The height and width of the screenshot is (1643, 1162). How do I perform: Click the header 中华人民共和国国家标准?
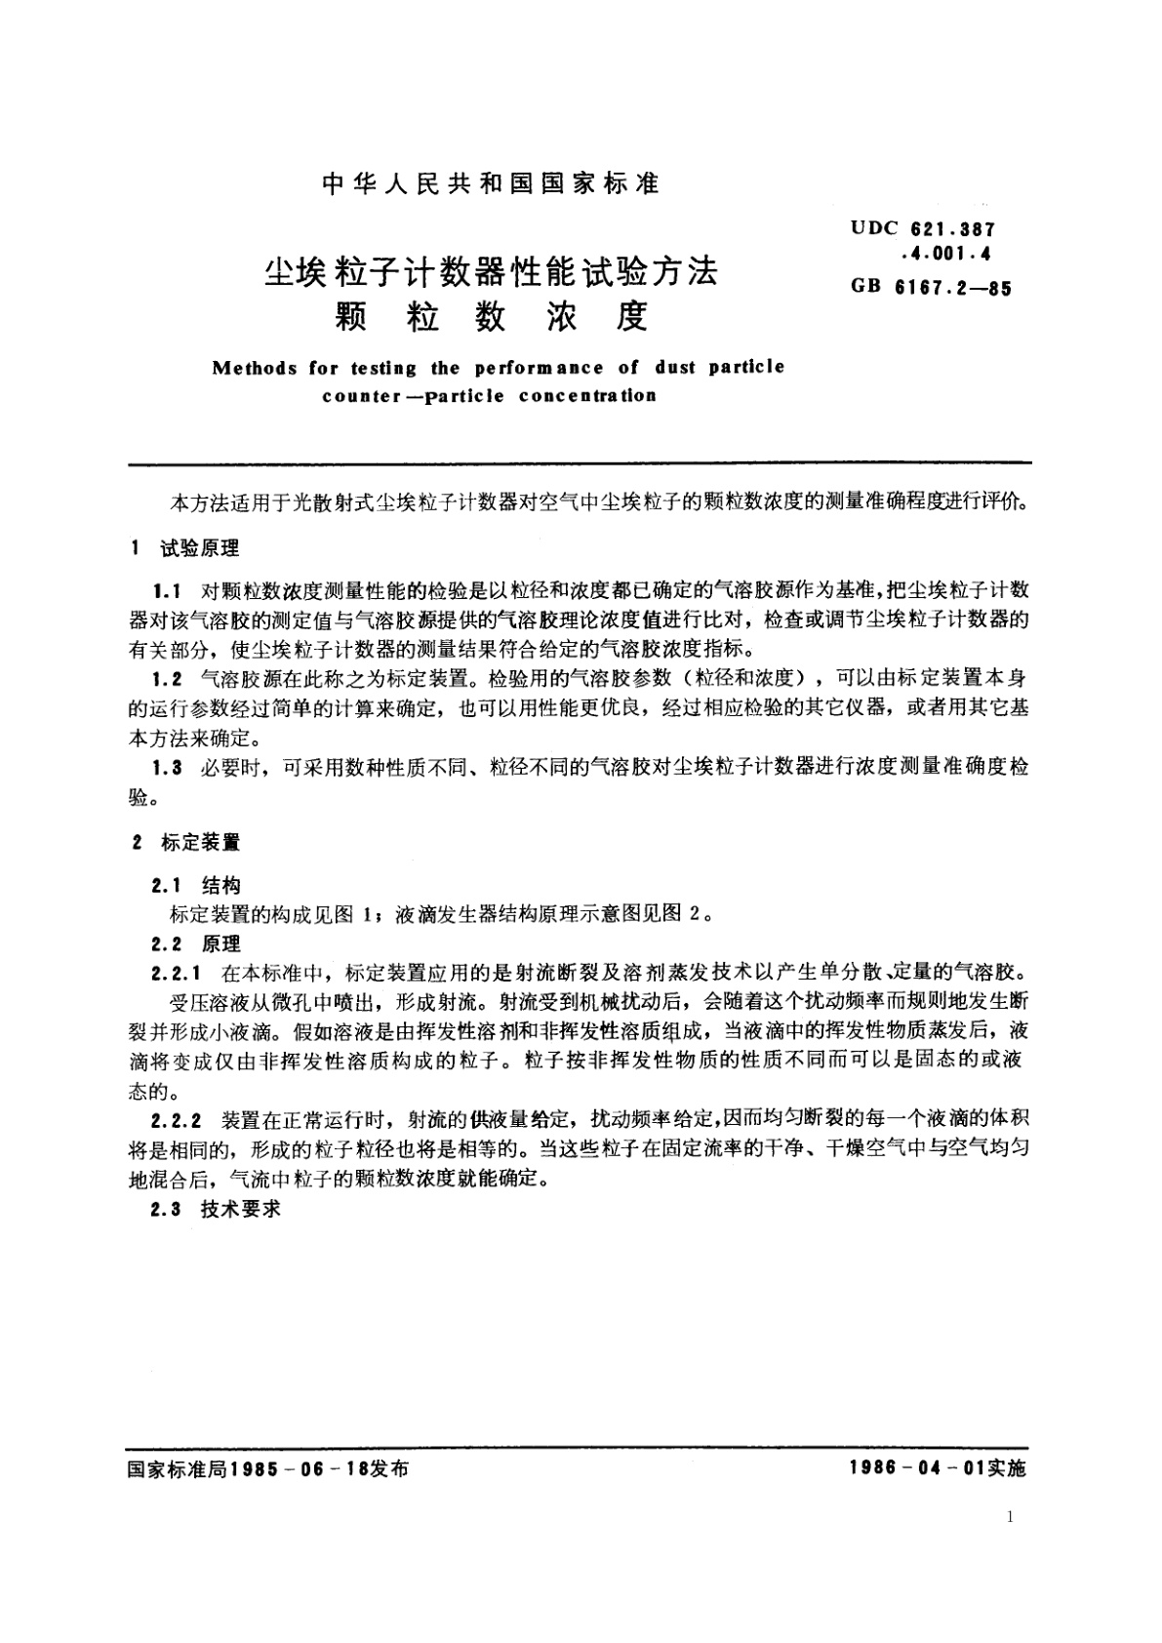click(490, 183)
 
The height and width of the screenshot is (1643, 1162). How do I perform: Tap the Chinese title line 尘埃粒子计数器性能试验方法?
click(491, 271)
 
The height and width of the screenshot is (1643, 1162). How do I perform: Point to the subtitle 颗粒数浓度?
click(491, 316)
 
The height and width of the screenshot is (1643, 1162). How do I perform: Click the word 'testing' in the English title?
click(382, 369)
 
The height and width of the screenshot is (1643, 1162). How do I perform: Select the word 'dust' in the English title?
click(677, 368)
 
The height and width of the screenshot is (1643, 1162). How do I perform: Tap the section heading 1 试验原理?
click(185, 548)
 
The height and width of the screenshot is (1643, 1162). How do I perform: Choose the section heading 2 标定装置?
click(186, 842)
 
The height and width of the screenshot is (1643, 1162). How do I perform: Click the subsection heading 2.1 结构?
click(196, 886)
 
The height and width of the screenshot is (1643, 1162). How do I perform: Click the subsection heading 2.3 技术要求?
click(216, 1208)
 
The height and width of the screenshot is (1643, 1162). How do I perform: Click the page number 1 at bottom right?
click(1009, 1516)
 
